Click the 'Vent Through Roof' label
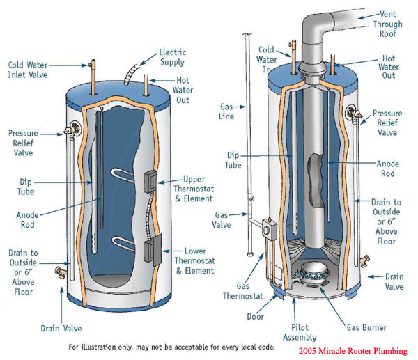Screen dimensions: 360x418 (x=387, y=24)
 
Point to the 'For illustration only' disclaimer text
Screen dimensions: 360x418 (x=171, y=346)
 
